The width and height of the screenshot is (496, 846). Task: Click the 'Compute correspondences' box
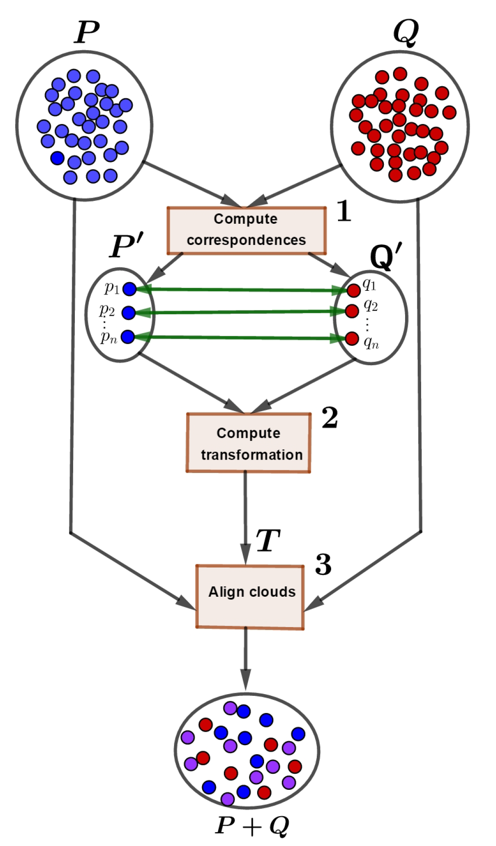(x=247, y=230)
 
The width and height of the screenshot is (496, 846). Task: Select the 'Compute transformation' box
(x=248, y=443)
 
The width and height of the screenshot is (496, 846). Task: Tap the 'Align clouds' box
(x=250, y=596)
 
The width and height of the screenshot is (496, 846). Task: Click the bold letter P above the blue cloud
(x=87, y=32)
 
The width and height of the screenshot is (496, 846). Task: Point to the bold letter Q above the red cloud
(x=406, y=33)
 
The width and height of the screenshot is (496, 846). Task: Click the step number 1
(x=344, y=212)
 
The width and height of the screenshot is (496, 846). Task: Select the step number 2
(x=330, y=418)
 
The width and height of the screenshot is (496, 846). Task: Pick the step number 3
(x=323, y=565)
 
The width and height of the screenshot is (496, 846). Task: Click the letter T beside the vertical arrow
(x=268, y=540)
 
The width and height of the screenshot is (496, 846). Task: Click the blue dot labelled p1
(x=129, y=289)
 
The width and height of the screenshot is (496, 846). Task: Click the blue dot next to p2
(x=129, y=313)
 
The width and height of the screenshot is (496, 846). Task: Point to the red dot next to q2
(x=352, y=311)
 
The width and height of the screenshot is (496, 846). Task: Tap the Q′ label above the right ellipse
(x=386, y=256)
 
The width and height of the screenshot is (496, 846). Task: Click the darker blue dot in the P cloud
(x=58, y=158)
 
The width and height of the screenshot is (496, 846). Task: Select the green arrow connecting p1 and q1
(x=242, y=290)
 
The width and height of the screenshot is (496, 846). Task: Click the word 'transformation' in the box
(x=251, y=455)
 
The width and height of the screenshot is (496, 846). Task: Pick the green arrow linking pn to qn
(x=242, y=338)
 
